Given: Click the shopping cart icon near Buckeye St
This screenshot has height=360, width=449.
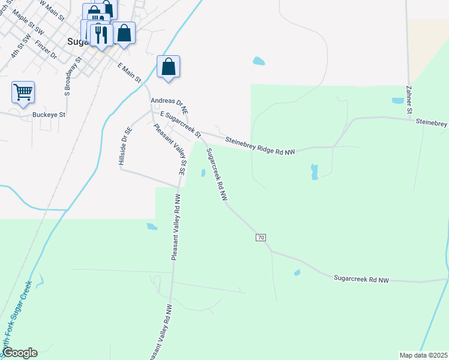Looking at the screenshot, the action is coord(23,92).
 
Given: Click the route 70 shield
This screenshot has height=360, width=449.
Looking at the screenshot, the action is coord(261,238).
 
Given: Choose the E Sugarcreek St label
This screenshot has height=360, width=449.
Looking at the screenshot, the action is coord(179,122).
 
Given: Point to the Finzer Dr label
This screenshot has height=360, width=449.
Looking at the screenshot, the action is coord(46,49).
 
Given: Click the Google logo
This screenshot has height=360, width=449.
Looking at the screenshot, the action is coord(20,353).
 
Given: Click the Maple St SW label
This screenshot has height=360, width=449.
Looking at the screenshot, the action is coord(28,22).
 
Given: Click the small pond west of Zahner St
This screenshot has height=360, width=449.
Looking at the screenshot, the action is coord(397,101).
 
